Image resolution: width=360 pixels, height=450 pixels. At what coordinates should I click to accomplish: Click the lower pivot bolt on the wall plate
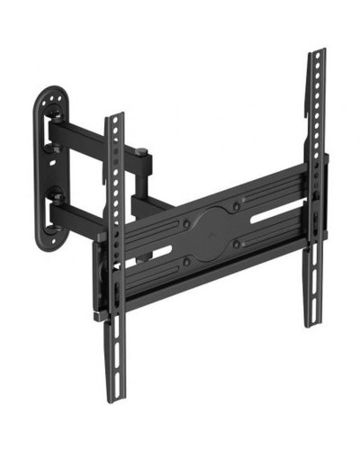pyautogui.click(x=56, y=194)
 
